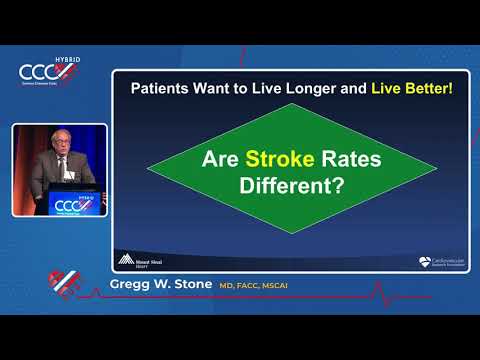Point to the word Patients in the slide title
click(164, 88)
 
